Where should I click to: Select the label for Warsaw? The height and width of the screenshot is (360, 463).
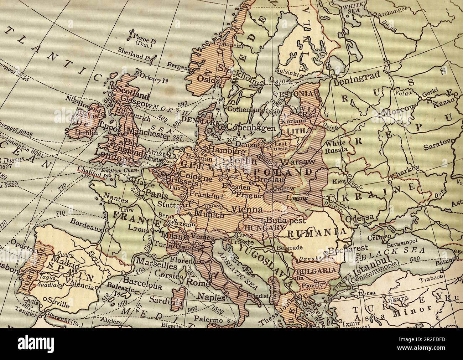coord(297,162)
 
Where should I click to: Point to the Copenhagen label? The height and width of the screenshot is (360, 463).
coord(251,128)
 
